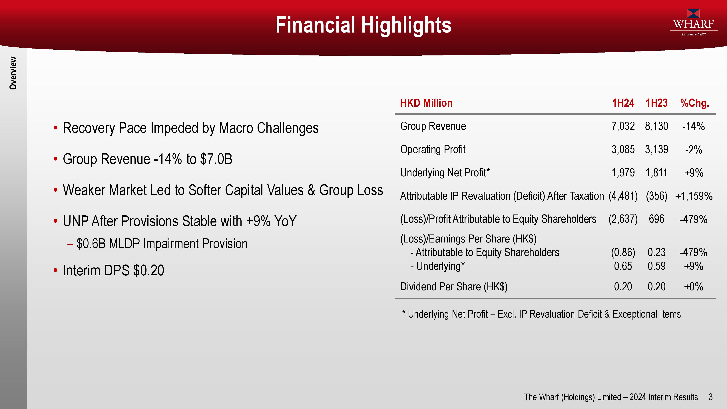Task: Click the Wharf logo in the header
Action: click(694, 23)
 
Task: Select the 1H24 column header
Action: click(623, 103)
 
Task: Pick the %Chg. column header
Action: click(694, 103)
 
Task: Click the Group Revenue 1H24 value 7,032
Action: click(623, 126)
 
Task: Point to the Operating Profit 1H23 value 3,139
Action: click(656, 149)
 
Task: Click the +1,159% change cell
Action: click(694, 196)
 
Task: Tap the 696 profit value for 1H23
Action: click(656, 219)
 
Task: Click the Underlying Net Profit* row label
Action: click(445, 173)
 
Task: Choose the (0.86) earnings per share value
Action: click(623, 252)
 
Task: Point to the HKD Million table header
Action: click(426, 103)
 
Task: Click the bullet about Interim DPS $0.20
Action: click(109, 270)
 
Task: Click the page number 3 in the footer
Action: click(711, 397)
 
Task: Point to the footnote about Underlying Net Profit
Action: click(541, 314)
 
